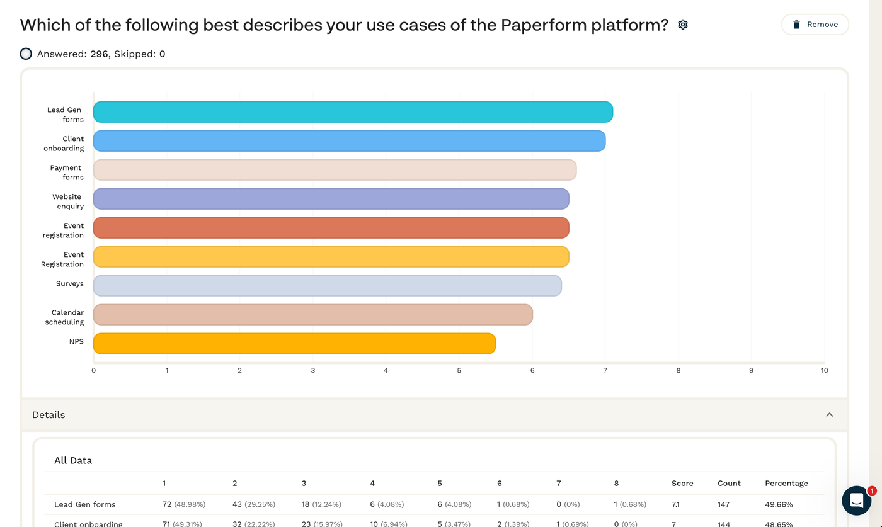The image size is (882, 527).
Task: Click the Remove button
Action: pyautogui.click(x=815, y=25)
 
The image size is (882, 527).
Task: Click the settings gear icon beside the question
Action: pyautogui.click(x=683, y=25)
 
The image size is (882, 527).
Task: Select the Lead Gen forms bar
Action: pyautogui.click(x=353, y=112)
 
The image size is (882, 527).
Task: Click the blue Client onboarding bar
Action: pyautogui.click(x=349, y=141)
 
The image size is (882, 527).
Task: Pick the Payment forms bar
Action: pyautogui.click(x=335, y=170)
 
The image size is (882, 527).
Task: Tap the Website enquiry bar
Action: pyautogui.click(x=331, y=199)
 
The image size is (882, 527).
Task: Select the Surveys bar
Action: pyautogui.click(x=327, y=286)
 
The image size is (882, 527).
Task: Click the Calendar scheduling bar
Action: pyautogui.click(x=312, y=315)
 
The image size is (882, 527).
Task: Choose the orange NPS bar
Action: pyautogui.click(x=294, y=344)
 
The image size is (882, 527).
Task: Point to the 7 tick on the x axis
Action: pyautogui.click(x=605, y=371)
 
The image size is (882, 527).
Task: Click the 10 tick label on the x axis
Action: pyautogui.click(x=824, y=371)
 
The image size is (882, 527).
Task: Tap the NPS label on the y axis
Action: pyautogui.click(x=76, y=342)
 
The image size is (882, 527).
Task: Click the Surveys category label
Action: pyautogui.click(x=70, y=284)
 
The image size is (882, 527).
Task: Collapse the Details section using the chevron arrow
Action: pyautogui.click(x=830, y=415)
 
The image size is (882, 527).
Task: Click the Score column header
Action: pyautogui.click(x=682, y=484)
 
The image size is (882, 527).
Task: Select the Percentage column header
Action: pyautogui.click(x=786, y=484)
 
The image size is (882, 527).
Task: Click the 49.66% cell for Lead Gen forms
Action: pyautogui.click(x=779, y=505)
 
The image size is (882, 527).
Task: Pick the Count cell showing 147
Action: pyautogui.click(x=724, y=505)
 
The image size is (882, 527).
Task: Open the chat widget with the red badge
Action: pyautogui.click(x=857, y=501)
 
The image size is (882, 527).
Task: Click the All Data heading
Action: pyautogui.click(x=73, y=461)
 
